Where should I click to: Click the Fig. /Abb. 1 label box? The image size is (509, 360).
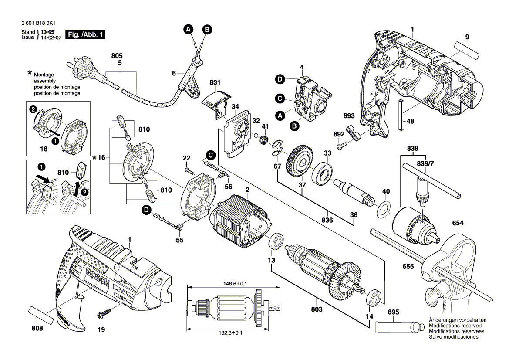85,34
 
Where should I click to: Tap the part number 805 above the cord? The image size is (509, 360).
117,56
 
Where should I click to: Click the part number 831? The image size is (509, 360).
215,82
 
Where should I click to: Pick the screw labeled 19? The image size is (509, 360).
104,313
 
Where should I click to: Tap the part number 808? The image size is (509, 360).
38,329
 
